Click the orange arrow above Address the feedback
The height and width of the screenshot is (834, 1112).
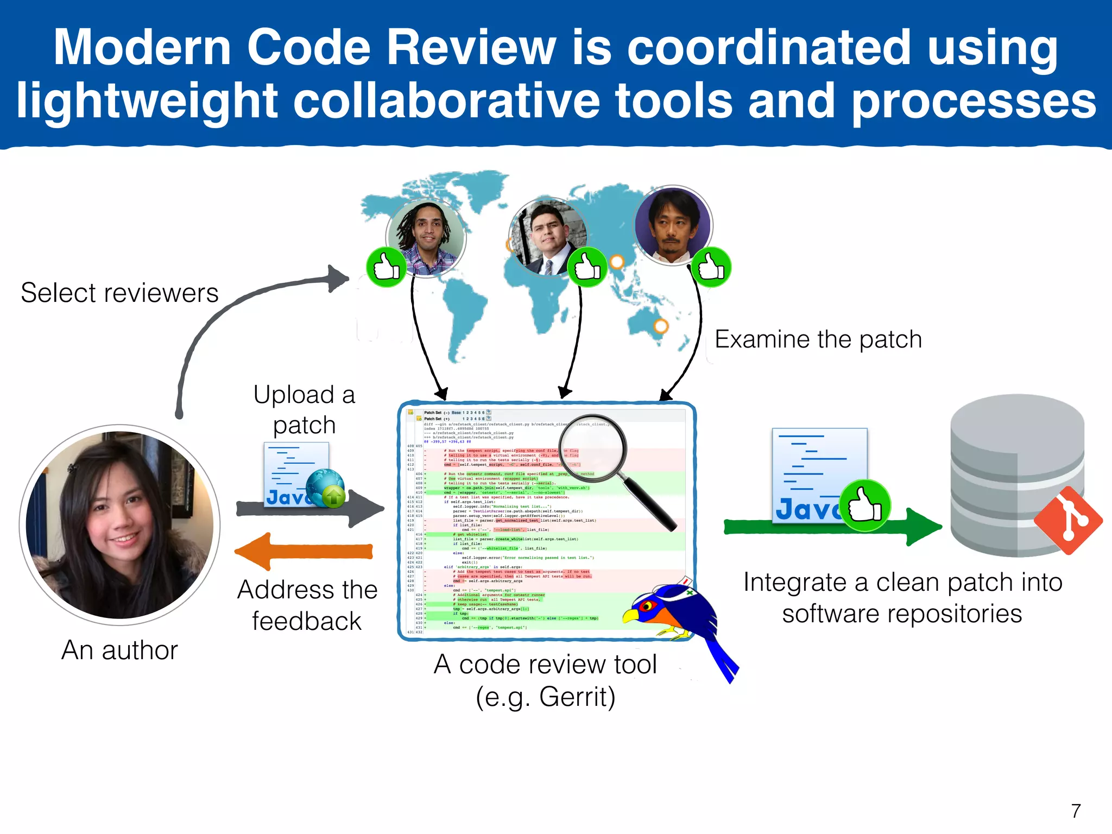pyautogui.click(x=304, y=552)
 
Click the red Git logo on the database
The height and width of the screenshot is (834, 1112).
pyautogui.click(x=1068, y=520)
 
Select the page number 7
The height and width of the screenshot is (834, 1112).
pyautogui.click(x=1076, y=811)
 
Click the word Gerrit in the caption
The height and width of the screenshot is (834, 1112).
pyautogui.click(x=577, y=697)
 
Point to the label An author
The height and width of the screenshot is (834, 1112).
pyautogui.click(x=119, y=650)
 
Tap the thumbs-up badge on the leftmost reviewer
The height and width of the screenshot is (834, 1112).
pyautogui.click(x=386, y=267)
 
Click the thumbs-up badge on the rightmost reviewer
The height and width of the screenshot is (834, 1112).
pyautogui.click(x=711, y=267)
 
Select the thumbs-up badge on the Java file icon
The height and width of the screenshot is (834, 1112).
pyautogui.click(x=865, y=506)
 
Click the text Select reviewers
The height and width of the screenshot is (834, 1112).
pyautogui.click(x=119, y=293)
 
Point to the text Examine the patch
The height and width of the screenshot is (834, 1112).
pyautogui.click(x=818, y=339)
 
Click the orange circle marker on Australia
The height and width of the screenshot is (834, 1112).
pyautogui.click(x=660, y=326)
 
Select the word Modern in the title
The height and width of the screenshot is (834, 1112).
pyautogui.click(x=143, y=48)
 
